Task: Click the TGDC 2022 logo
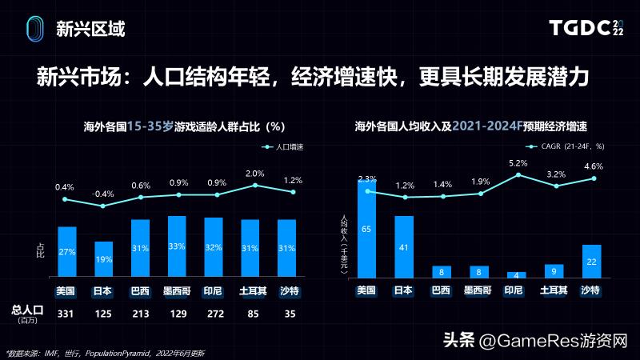click(586, 29)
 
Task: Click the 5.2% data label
click(518, 162)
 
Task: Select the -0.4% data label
click(103, 194)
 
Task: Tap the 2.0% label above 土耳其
click(255, 174)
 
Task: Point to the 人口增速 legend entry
click(282, 147)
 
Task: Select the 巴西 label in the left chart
click(141, 290)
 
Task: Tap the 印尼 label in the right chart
click(516, 290)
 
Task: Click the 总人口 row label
click(26, 310)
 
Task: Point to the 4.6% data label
click(593, 166)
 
